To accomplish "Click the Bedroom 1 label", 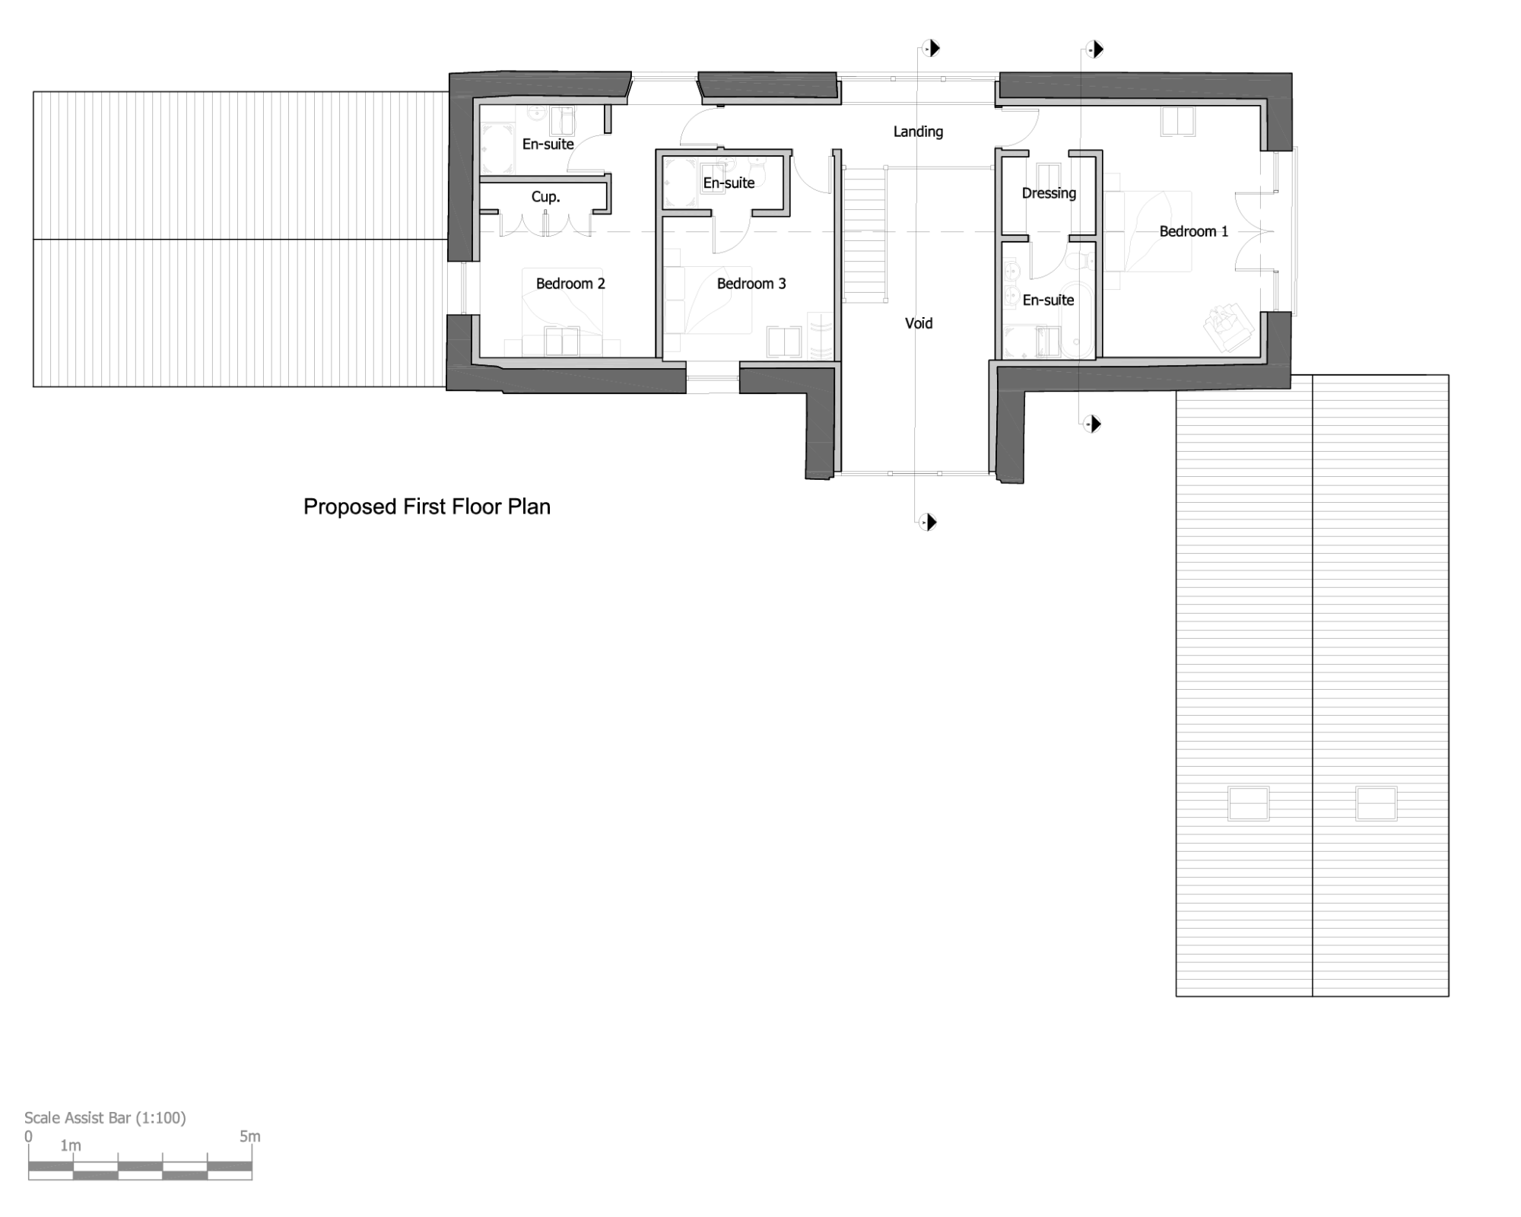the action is pyautogui.click(x=1193, y=231).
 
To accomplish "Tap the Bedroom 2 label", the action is pyautogui.click(x=570, y=284).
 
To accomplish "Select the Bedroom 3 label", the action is pyautogui.click(x=751, y=284).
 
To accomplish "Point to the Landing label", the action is pyautogui.click(x=918, y=132).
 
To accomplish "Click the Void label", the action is pyautogui.click(x=919, y=323).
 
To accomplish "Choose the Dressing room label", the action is pyautogui.click(x=1049, y=193).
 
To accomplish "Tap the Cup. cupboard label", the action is pyautogui.click(x=545, y=197).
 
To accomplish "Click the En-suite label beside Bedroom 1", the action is pyautogui.click(x=1048, y=300).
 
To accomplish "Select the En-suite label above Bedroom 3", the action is pyautogui.click(x=729, y=183).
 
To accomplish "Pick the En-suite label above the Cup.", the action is pyautogui.click(x=548, y=144).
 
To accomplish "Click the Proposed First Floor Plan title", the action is pyautogui.click(x=427, y=507).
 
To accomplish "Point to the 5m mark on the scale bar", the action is pyautogui.click(x=250, y=1136).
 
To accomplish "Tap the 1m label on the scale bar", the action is pyautogui.click(x=71, y=1145).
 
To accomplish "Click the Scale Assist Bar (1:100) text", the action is pyautogui.click(x=105, y=1117).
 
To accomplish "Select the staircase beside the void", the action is pyautogui.click(x=864, y=234).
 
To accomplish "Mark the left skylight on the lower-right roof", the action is pyautogui.click(x=1248, y=804).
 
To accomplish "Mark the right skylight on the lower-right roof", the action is pyautogui.click(x=1377, y=804).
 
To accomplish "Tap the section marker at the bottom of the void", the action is pyautogui.click(x=928, y=522).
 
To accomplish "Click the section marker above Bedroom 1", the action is pyautogui.click(x=1094, y=49).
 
